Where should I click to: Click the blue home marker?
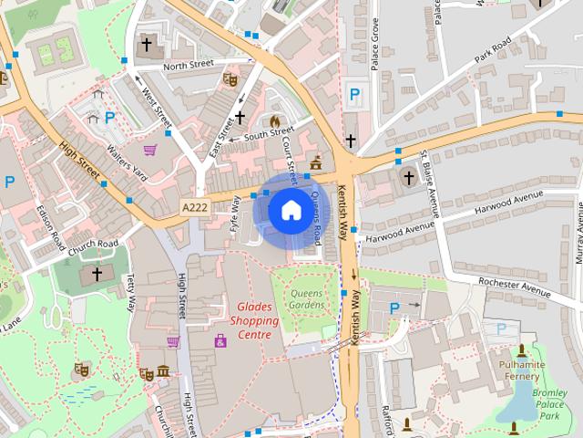[x=290, y=211]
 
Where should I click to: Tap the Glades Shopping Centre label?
[x=254, y=321]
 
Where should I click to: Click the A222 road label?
[x=195, y=207]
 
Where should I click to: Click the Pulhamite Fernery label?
[x=522, y=371]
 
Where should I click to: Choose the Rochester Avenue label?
[x=515, y=287]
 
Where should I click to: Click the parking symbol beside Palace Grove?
[x=354, y=93]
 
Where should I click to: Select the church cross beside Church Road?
[x=97, y=274]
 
